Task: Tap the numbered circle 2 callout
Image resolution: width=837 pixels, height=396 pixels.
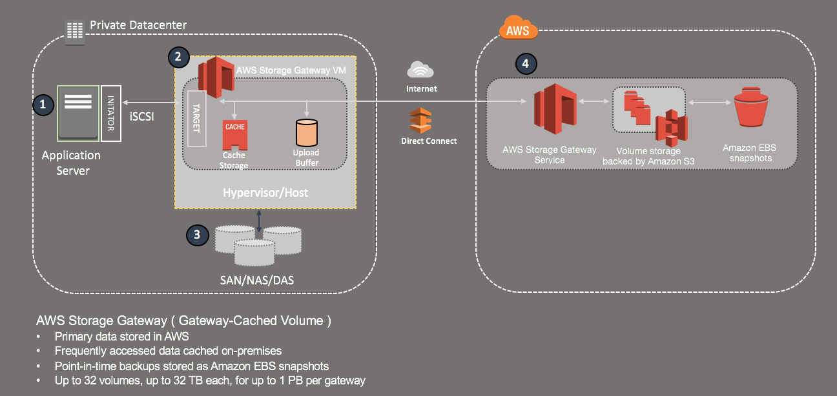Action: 178,57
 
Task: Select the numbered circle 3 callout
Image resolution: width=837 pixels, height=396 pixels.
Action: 196,235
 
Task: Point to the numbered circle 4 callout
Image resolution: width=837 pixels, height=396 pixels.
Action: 526,63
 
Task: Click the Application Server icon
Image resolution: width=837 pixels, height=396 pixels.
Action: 78,112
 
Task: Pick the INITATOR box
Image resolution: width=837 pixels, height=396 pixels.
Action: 110,113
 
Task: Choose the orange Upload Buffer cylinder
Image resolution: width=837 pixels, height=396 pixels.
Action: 307,132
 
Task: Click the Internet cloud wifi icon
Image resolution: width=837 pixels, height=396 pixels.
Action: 421,70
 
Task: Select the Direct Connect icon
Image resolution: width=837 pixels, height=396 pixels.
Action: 421,121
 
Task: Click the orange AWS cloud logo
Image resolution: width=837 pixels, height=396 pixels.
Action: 518,29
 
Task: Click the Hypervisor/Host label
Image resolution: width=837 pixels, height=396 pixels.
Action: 265,192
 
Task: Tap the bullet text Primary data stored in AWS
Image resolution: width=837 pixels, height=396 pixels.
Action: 121,336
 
